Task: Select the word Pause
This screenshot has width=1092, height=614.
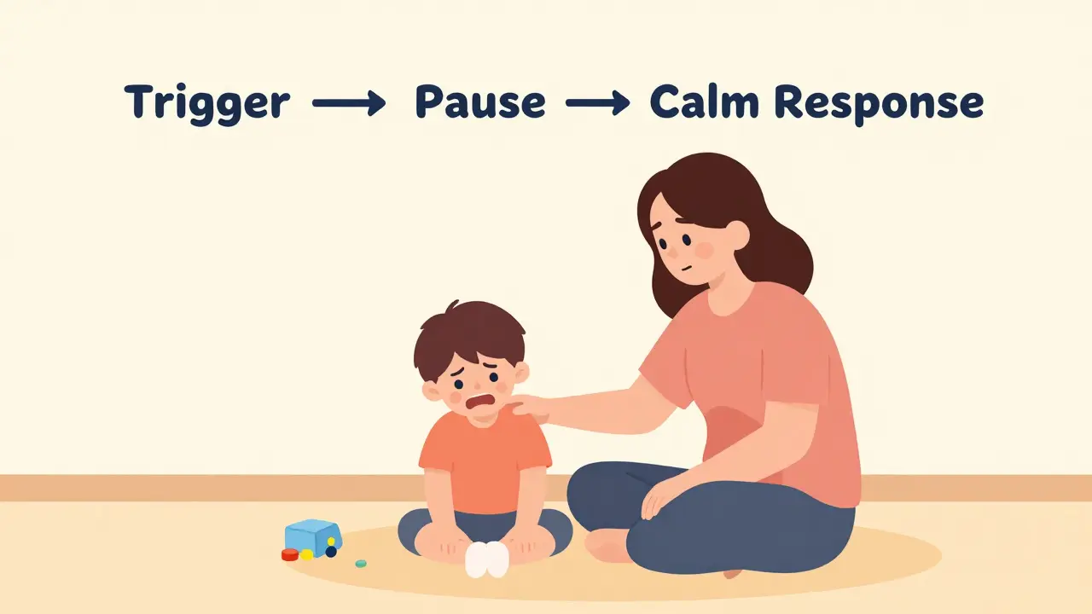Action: (x=480, y=101)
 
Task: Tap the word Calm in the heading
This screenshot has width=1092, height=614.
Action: (x=705, y=101)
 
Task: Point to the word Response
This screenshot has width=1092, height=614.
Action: (x=879, y=104)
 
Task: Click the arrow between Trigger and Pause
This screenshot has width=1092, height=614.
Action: (x=349, y=103)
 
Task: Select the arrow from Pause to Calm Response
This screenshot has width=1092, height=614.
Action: (x=597, y=103)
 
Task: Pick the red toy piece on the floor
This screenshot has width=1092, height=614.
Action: (x=289, y=554)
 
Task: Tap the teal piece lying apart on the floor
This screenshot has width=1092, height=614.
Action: (x=361, y=564)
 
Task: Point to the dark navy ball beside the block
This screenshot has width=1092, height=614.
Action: (x=331, y=552)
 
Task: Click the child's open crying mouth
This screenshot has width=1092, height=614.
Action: (x=480, y=402)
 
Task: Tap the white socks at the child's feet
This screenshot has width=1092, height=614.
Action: (x=487, y=560)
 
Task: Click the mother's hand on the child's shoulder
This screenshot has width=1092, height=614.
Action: (x=531, y=408)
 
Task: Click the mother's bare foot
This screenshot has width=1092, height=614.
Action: (x=607, y=546)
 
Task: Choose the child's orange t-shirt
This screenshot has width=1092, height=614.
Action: (x=485, y=460)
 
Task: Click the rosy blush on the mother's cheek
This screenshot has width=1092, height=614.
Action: (x=704, y=250)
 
